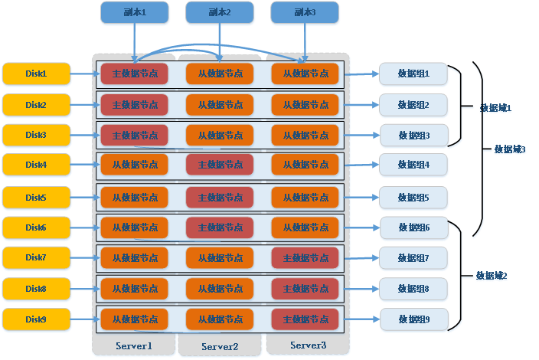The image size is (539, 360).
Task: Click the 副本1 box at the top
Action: [135, 12]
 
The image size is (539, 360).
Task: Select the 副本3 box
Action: [305, 12]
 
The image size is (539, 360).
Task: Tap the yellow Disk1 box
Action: [36, 74]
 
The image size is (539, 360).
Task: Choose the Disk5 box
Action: [36, 198]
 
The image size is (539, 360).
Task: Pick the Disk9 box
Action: [36, 319]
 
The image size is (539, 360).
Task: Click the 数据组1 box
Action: [413, 74]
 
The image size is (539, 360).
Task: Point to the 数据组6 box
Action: [413, 227]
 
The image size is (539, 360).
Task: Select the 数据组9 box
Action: [413, 319]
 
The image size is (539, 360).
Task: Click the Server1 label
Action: [134, 345]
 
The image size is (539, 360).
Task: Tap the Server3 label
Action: [308, 345]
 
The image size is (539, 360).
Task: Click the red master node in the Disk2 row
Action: [135, 104]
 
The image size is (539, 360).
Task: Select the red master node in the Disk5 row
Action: [220, 198]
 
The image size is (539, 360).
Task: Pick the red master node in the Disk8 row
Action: [305, 289]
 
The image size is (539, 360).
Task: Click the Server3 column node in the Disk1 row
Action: [305, 74]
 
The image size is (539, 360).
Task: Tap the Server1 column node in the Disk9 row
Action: [135, 319]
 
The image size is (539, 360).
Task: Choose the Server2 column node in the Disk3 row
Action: [220, 136]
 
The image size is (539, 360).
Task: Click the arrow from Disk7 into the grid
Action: [83, 258]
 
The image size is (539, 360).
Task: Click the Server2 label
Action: [220, 346]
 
